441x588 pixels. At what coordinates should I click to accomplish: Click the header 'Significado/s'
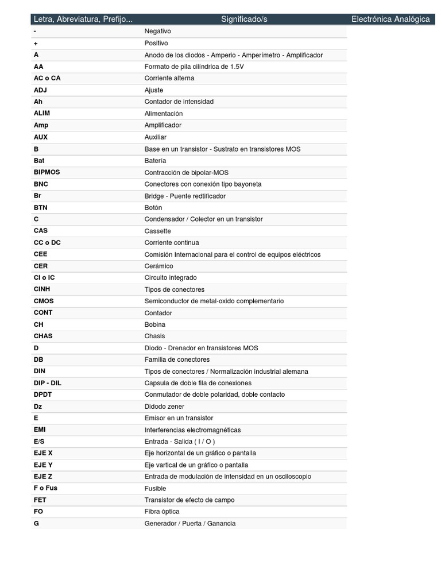point(244,20)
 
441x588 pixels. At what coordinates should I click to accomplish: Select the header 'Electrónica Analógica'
point(390,20)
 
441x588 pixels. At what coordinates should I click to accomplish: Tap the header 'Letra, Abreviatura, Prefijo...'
point(83,20)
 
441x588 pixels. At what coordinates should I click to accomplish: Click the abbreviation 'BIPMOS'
point(47,172)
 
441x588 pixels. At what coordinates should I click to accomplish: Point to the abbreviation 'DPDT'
point(43,394)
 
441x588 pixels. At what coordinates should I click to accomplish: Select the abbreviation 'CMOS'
point(44,301)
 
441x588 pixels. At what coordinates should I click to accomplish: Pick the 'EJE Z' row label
point(43,477)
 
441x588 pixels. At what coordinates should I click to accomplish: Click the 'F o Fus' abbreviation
point(45,488)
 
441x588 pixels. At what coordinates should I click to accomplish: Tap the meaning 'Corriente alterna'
point(169,78)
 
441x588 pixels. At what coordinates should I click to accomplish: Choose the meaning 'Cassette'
point(158,231)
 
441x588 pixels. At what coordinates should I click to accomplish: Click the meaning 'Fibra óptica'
point(162,512)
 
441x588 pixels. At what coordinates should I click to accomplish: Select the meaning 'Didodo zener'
point(164,407)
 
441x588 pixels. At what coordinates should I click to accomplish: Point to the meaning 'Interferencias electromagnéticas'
point(192,430)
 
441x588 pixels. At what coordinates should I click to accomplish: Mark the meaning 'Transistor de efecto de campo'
point(189,500)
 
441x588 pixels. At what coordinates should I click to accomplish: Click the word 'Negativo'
point(158,31)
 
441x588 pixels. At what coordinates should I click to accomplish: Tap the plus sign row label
point(36,43)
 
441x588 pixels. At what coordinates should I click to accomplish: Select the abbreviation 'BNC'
point(41,184)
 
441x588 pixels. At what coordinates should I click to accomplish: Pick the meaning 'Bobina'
point(155,324)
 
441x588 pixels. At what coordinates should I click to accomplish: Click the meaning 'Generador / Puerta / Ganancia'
point(190,524)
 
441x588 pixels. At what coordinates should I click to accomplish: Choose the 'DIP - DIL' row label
point(47,383)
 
